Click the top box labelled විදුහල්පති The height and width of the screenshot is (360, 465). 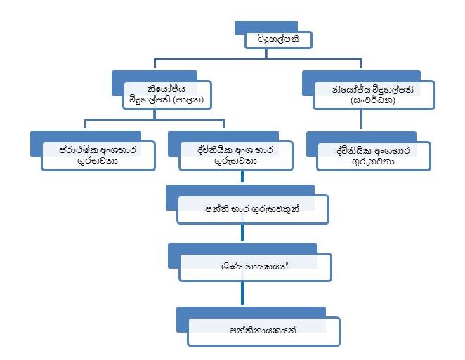click(278, 40)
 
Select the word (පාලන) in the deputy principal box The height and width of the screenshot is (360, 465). click(191, 100)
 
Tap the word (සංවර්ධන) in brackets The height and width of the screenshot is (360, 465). click(374, 100)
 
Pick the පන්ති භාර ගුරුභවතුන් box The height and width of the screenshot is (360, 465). click(253, 208)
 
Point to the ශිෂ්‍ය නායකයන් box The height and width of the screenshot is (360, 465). click(255, 267)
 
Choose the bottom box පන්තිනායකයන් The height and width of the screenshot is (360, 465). click(263, 330)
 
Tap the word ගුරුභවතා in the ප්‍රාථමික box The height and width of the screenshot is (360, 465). click(98, 161)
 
